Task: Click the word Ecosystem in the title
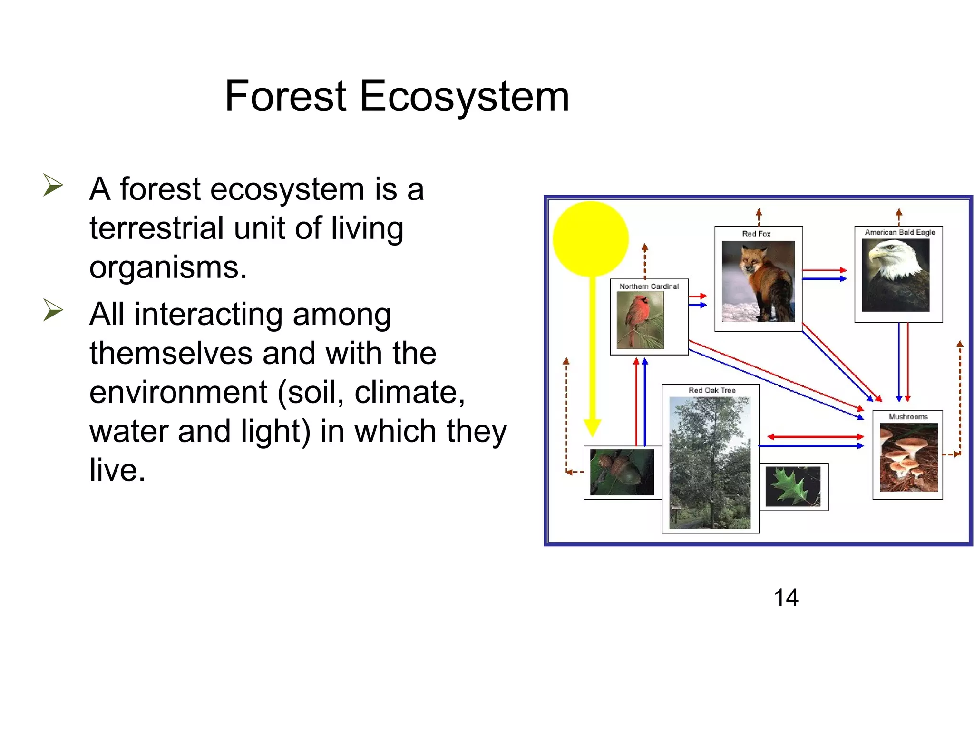pos(464,97)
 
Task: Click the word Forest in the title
pos(285,97)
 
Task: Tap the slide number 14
pos(786,597)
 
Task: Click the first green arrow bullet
pos(53,185)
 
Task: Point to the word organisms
pos(167,267)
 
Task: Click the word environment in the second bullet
pos(178,392)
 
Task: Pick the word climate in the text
pos(409,392)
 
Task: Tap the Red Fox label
pos(756,234)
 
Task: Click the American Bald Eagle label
pos(899,232)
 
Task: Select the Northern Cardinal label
pos(649,286)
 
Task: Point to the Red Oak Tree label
pos(711,390)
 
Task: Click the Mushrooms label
pos(908,417)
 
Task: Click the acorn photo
pos(622,473)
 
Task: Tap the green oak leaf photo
pos(792,486)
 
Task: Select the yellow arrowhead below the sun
pos(592,427)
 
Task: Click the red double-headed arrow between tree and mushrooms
pos(815,436)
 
